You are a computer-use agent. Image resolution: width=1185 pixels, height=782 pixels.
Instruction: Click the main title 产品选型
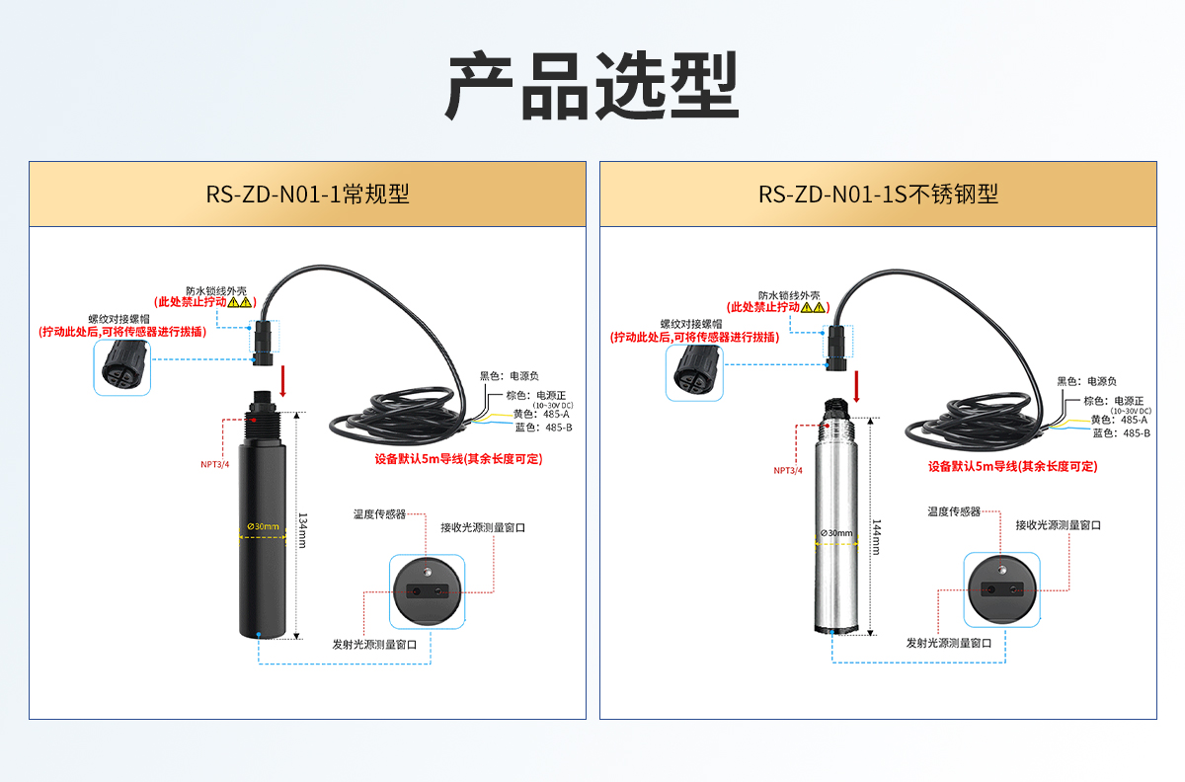click(x=592, y=87)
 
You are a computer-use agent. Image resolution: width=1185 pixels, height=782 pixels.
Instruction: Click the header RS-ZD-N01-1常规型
click(x=307, y=194)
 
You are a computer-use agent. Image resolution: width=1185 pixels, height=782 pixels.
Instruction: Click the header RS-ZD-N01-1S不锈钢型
click(x=878, y=194)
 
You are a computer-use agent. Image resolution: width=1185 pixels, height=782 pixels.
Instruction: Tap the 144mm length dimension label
click(x=875, y=537)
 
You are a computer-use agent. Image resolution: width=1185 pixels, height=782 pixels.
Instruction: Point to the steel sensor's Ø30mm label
click(x=836, y=533)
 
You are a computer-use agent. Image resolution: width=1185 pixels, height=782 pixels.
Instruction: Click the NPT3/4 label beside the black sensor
click(x=214, y=463)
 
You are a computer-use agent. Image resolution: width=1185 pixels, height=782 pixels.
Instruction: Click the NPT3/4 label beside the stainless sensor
click(x=788, y=471)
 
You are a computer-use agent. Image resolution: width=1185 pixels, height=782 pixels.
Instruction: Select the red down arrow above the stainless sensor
click(x=857, y=386)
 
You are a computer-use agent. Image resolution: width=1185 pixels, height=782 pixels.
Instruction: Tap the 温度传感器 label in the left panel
click(x=380, y=514)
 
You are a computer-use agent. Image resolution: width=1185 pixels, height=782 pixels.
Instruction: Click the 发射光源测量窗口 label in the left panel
click(x=374, y=644)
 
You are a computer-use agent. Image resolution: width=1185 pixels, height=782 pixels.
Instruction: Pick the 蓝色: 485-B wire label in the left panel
click(x=543, y=428)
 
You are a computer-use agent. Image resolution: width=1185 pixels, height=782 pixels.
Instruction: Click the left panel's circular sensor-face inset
click(x=427, y=589)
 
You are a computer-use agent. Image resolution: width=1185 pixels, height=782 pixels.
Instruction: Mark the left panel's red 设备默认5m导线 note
click(x=458, y=459)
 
